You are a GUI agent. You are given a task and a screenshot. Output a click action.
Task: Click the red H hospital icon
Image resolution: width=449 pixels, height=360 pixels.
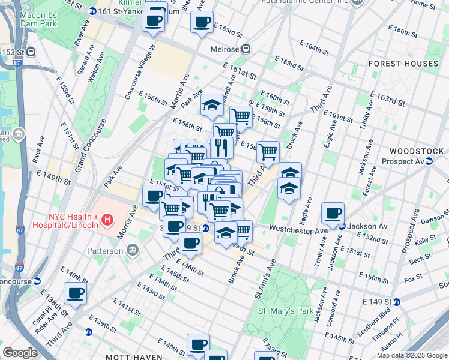click(x=107, y=220)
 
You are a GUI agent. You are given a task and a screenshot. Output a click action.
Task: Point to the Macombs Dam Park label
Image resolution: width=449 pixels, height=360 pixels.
click(x=39, y=19)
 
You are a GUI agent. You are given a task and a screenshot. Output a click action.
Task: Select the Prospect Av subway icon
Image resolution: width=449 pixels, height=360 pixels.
click(x=429, y=161)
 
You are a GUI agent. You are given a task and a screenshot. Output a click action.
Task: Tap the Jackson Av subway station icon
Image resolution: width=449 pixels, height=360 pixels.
click(x=342, y=227)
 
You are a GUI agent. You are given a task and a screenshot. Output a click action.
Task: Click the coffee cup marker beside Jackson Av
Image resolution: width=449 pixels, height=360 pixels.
click(x=333, y=212)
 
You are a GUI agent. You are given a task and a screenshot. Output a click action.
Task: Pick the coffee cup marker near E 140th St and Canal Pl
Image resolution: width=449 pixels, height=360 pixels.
click(x=75, y=293)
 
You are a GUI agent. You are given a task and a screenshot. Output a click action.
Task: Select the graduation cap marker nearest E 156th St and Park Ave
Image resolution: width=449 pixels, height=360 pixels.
click(x=212, y=105)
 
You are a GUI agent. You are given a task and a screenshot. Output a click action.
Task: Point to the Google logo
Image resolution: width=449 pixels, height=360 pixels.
click(x=20, y=353)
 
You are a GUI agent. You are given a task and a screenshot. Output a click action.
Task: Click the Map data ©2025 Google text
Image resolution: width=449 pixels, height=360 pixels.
click(x=412, y=355)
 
